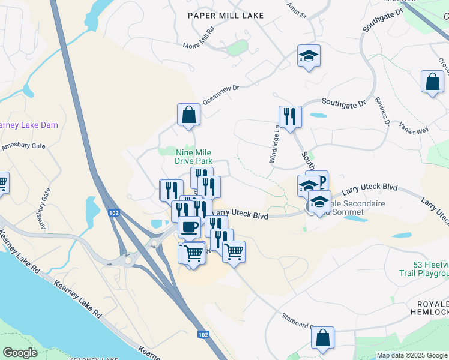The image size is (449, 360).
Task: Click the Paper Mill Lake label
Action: pos(225,16)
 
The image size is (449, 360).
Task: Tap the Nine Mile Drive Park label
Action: pos(194,157)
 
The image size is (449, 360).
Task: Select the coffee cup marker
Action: pos(190,227)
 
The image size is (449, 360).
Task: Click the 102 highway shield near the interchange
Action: pos(113,213)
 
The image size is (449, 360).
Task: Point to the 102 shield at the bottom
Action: pos(203,335)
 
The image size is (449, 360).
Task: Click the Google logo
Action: pos(20,353)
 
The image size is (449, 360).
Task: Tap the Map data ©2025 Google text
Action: pos(412,355)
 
